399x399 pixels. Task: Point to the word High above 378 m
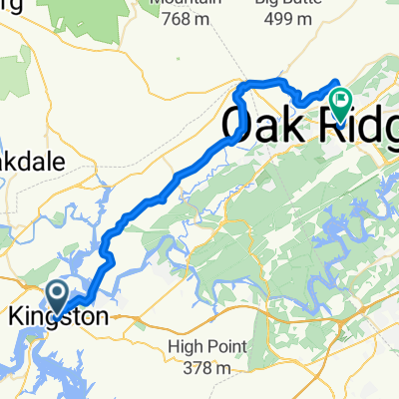coord(186,347)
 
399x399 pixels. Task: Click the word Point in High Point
coord(226,347)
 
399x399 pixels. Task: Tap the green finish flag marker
coord(340,99)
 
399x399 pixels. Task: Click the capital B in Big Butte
coord(260,2)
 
